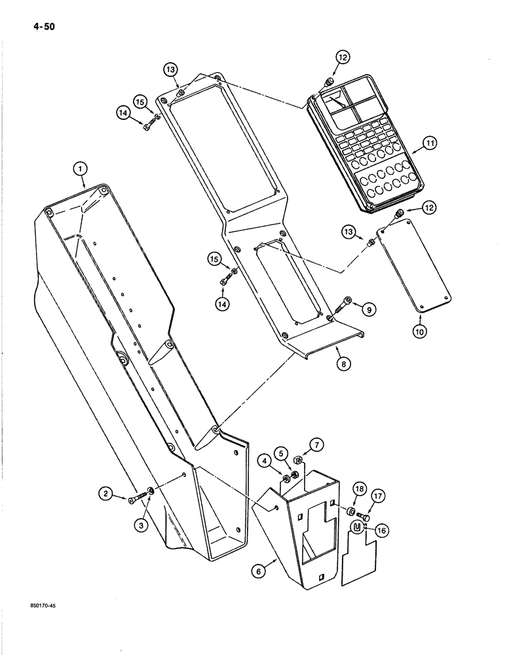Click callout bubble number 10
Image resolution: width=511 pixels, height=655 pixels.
click(420, 332)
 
